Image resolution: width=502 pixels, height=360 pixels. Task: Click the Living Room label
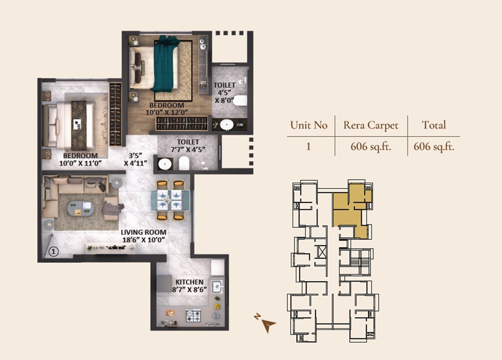tap(143, 236)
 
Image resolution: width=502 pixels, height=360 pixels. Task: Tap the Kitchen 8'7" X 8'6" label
tap(189, 286)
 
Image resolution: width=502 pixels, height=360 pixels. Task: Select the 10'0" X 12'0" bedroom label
tap(167, 109)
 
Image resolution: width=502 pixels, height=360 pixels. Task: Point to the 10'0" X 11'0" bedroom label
tap(80, 159)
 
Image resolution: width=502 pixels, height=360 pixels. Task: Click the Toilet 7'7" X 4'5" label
tap(188, 146)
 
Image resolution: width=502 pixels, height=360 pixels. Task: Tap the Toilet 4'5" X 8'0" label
tap(224, 93)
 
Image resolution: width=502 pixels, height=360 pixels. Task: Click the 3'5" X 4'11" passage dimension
tap(136, 159)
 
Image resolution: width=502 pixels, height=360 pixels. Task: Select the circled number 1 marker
tap(53, 252)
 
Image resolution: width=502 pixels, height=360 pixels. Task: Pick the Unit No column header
tap(309, 125)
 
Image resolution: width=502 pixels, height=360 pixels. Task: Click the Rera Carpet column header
tap(371, 125)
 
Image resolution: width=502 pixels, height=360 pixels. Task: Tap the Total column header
tap(434, 125)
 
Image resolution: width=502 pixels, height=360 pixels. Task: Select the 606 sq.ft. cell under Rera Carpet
tap(371, 146)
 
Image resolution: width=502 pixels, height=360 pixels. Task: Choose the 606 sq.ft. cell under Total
tap(434, 146)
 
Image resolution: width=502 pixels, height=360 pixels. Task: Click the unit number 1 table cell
tap(308, 146)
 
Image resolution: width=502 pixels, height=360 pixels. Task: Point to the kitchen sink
tap(217, 286)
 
